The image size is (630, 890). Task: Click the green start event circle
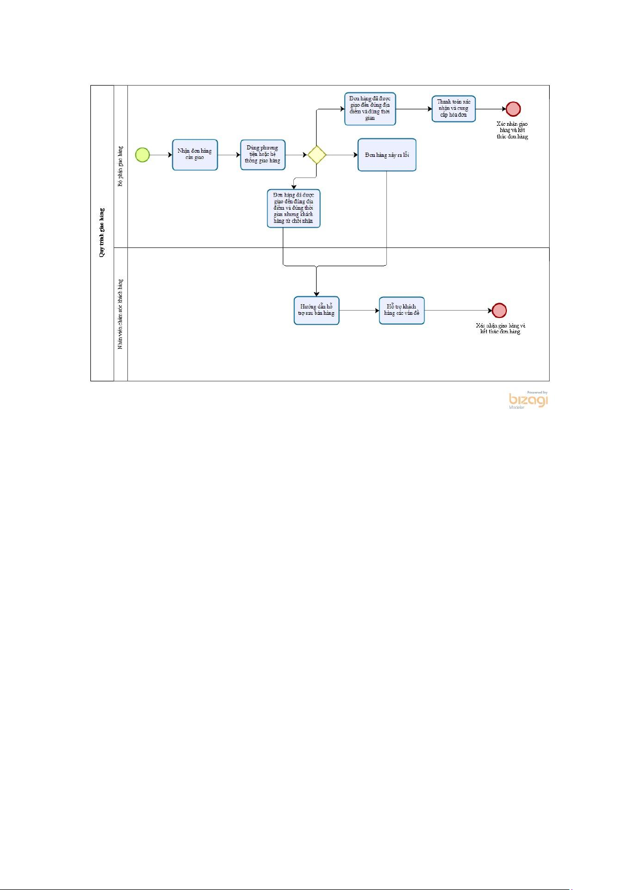143,155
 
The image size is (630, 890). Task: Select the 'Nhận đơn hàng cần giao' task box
195,155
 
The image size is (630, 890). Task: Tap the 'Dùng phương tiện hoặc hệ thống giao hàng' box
263,155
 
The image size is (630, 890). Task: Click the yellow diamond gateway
317,155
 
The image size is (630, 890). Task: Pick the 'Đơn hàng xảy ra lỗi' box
387,155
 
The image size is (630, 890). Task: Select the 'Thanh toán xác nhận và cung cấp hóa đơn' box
453,109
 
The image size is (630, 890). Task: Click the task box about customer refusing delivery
293,208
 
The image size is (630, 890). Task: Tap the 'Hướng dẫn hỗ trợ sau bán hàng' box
317,310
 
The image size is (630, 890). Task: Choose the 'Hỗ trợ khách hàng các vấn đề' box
402,310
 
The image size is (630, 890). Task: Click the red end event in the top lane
513,109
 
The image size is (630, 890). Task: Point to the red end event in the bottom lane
499,310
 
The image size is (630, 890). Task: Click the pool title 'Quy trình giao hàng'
102,232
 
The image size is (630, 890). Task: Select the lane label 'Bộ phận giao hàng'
121,166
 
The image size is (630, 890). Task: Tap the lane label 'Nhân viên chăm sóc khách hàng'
121,314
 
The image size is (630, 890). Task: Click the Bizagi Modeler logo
528,400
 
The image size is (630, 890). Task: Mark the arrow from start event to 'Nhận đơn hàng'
161,155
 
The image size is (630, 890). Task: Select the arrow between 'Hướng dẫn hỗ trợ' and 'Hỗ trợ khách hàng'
359,310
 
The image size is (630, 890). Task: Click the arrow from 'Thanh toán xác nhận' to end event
490,109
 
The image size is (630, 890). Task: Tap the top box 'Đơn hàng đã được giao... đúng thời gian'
370,109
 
